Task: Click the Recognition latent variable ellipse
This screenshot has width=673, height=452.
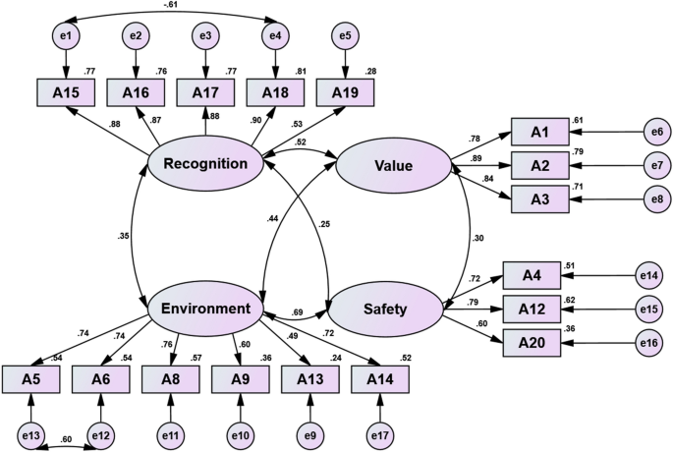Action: [205, 163]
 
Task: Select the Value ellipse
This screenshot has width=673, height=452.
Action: [393, 166]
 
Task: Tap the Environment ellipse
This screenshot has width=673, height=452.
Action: [205, 309]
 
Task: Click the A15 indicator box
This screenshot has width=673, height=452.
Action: [65, 93]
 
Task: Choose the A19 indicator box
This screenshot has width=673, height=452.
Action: [345, 93]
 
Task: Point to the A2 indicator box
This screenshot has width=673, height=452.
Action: [538, 165]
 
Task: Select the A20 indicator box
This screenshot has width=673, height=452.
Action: [532, 343]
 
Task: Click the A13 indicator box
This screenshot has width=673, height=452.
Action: [310, 378]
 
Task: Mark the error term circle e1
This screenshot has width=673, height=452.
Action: [65, 37]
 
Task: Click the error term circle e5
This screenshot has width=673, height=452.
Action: [345, 37]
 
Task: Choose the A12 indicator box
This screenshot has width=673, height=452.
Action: [532, 309]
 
